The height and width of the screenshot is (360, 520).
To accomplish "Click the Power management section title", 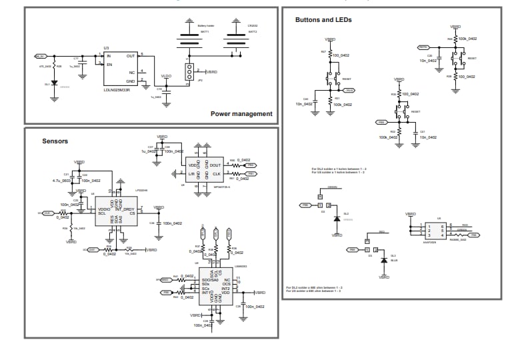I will click(241, 114).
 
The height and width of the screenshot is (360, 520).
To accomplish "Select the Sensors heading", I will click(55, 141).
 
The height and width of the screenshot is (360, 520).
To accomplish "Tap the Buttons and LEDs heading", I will click(323, 20).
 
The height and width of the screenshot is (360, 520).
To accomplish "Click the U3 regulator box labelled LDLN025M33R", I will click(120, 69).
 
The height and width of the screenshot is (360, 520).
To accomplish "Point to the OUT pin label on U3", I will click(131, 56).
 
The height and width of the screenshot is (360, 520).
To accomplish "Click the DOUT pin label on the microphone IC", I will click(215, 165).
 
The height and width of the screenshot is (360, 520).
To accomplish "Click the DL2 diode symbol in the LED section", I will click(337, 219).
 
